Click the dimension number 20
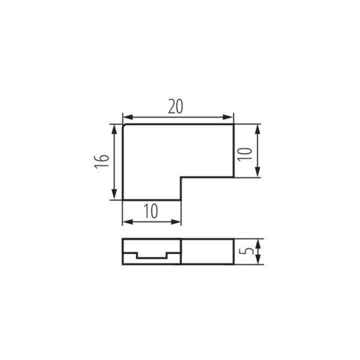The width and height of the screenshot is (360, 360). point(175,106)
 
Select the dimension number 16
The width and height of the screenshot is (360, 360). point(101,161)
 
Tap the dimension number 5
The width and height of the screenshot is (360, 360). point(246,251)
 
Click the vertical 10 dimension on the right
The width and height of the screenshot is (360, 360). point(245,154)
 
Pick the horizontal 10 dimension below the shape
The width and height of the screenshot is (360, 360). point(151,211)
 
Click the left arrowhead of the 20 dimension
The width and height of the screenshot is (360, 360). point(128,117)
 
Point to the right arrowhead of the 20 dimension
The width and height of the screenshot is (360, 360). point(228,117)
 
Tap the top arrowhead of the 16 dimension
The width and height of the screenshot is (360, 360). point(114,130)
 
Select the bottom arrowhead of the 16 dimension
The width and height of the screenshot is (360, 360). point(114,194)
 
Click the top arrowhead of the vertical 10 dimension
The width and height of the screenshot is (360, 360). point(257,130)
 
